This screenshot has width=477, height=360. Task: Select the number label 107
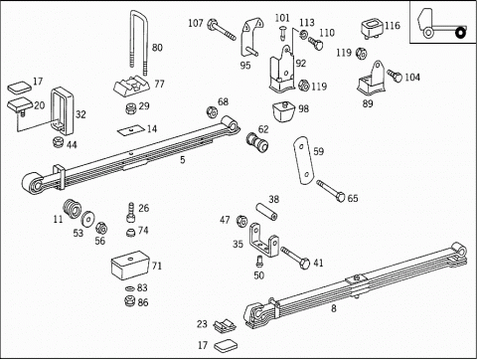pyautogui.click(x=196, y=23)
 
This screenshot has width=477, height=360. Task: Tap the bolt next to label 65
pyautogui.click(x=331, y=191)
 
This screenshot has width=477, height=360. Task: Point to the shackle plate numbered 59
pyautogui.click(x=303, y=160)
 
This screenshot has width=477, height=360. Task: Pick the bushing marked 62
pyautogui.click(x=257, y=142)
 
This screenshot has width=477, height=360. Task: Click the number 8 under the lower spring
pyautogui.click(x=334, y=308)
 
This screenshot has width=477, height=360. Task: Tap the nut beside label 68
pyautogui.click(x=212, y=111)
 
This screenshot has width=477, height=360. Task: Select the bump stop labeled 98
pyautogui.click(x=283, y=111)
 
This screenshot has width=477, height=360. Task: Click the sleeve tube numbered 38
pyautogui.click(x=266, y=212)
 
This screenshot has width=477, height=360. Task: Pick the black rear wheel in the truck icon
pyautogui.click(x=460, y=33)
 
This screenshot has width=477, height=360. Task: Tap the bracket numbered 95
pyautogui.click(x=250, y=38)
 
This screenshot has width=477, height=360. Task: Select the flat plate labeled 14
pyautogui.click(x=132, y=130)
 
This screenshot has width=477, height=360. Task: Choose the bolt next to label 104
pyautogui.click(x=395, y=76)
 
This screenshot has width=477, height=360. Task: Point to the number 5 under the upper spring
pyautogui.click(x=183, y=160)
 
